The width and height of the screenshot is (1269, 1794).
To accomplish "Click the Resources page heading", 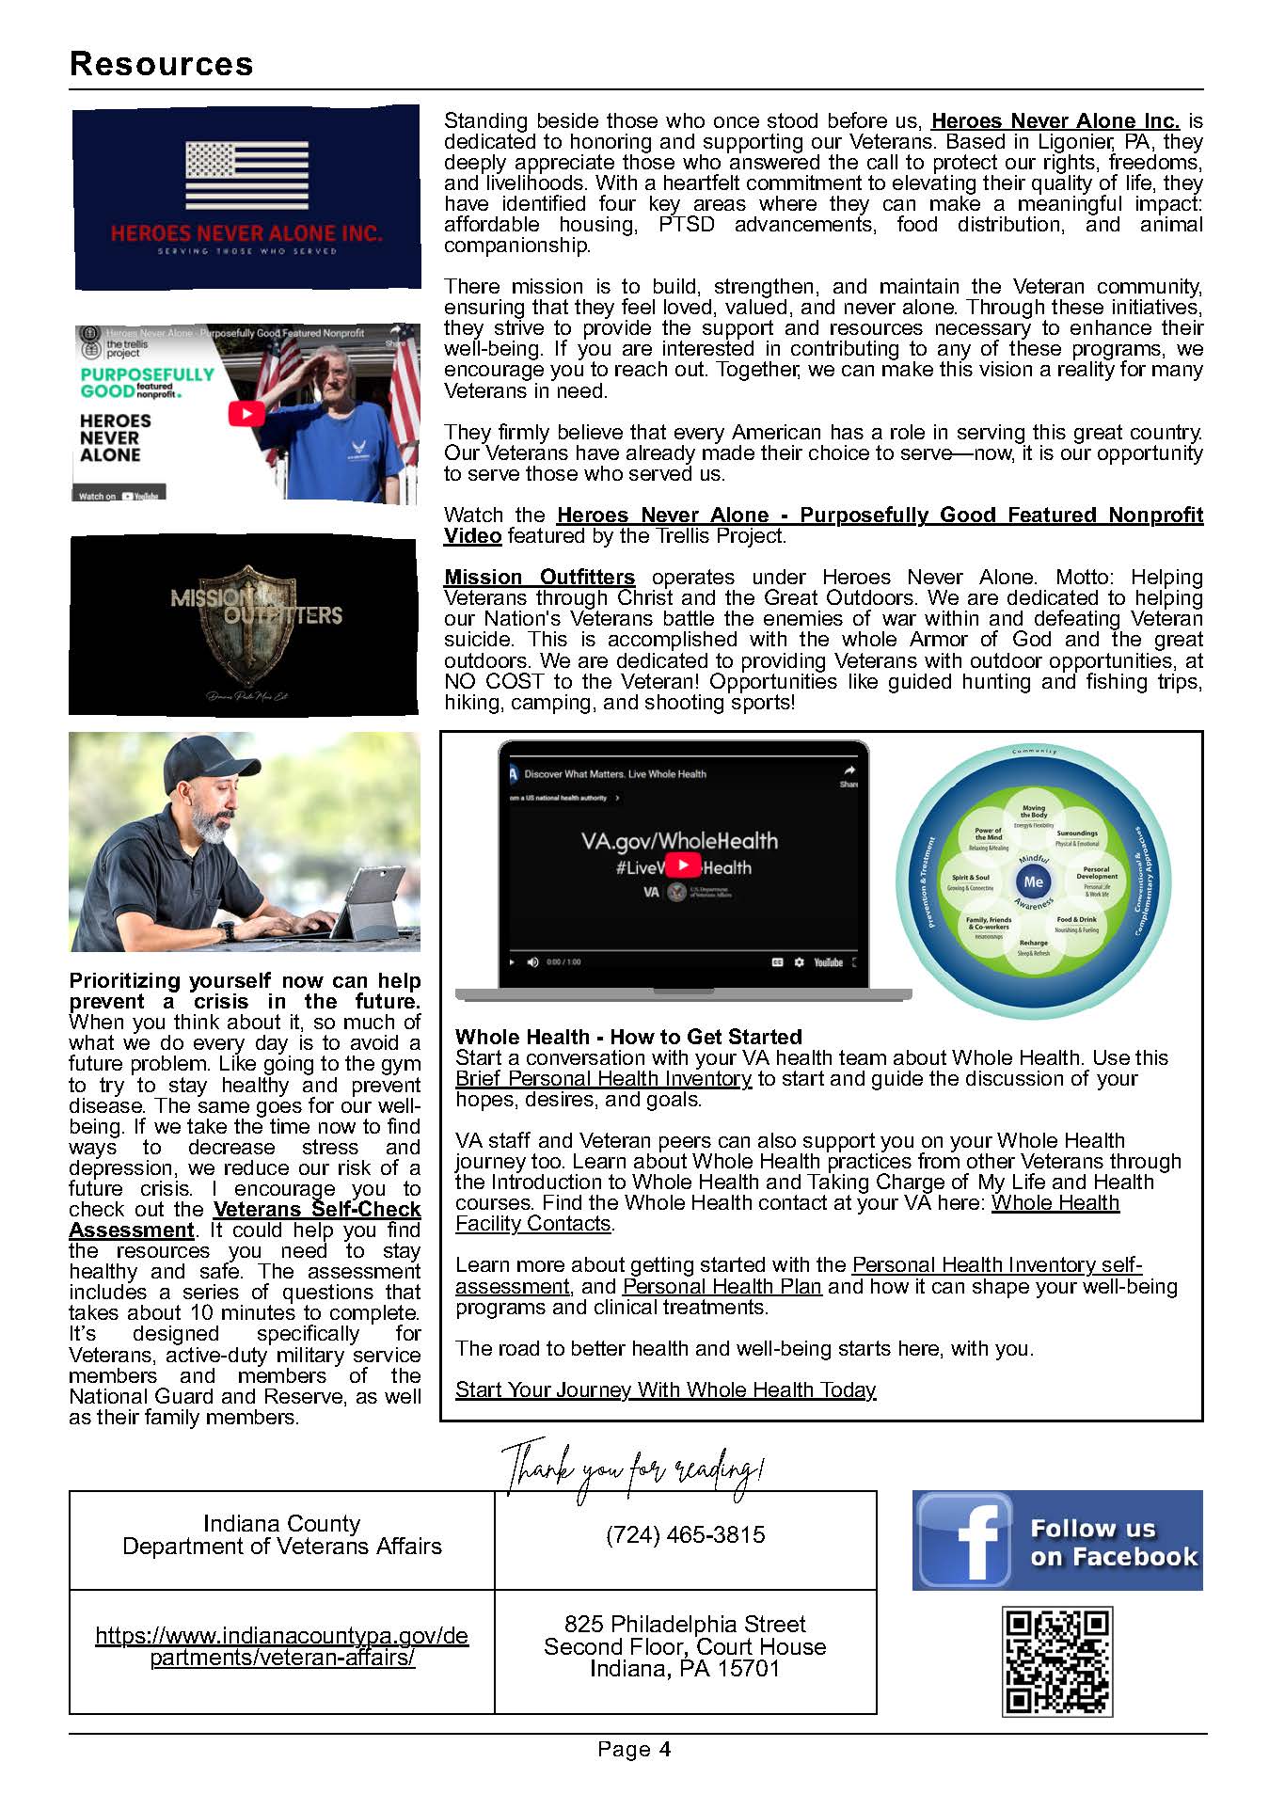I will pyautogui.click(x=161, y=64).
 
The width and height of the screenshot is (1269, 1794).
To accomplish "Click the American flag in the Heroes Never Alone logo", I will pyautogui.click(x=246, y=175).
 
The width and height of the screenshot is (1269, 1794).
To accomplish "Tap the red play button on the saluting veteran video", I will pyautogui.click(x=246, y=414).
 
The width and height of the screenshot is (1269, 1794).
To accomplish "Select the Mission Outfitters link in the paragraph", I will pyautogui.click(x=539, y=578).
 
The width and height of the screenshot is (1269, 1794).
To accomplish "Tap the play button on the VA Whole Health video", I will pyautogui.click(x=683, y=865).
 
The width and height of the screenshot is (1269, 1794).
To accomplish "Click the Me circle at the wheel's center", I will pyautogui.click(x=1033, y=881).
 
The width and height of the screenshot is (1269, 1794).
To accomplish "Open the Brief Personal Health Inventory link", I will pyautogui.click(x=603, y=1079).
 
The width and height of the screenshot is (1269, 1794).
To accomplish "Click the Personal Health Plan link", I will pyautogui.click(x=722, y=1286).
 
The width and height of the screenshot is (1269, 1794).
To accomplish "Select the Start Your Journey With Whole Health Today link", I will pyautogui.click(x=665, y=1389).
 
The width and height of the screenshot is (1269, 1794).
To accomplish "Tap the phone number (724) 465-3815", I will pyautogui.click(x=685, y=1535).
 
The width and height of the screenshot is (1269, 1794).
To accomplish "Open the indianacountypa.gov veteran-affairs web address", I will pyautogui.click(x=281, y=1646).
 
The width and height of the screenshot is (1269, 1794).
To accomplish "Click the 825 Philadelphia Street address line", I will pyautogui.click(x=685, y=1624).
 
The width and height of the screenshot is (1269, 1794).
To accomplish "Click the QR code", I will pyautogui.click(x=1057, y=1661).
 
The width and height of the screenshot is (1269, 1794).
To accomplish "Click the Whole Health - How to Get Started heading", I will pyautogui.click(x=628, y=1037).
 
